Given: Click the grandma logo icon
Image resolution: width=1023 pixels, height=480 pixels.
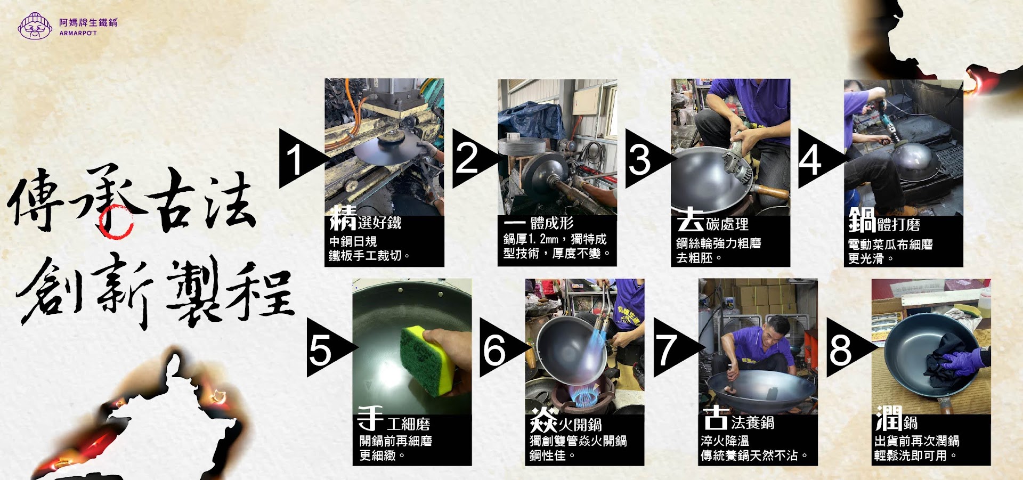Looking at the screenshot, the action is click(x=35, y=26).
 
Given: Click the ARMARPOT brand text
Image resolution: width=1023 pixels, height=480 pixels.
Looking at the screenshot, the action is click(x=78, y=33).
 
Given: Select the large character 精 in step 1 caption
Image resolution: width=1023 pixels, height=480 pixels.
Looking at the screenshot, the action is click(x=343, y=218).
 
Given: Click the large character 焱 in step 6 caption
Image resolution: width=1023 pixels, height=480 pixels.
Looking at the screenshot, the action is click(x=544, y=420).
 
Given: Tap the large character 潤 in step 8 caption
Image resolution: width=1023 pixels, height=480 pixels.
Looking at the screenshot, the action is click(x=889, y=418).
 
